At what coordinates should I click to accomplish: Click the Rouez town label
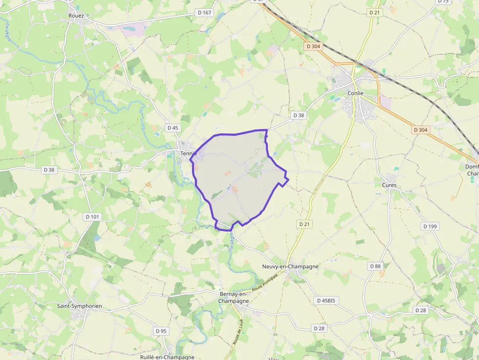tap(77, 16)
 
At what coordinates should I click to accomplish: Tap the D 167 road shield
tap(204, 12)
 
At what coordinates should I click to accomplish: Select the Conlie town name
tap(355, 93)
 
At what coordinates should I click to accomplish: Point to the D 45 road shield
tap(173, 128)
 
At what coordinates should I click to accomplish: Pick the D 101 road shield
tap(92, 217)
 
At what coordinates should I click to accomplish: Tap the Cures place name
tap(390, 185)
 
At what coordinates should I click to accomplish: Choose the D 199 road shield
tap(430, 226)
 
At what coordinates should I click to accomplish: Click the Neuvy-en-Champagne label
tap(290, 266)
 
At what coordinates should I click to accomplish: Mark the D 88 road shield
tap(375, 266)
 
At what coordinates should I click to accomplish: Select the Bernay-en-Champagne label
tap(233, 297)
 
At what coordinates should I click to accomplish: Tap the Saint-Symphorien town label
tap(80, 306)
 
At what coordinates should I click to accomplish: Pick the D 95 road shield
tap(161, 331)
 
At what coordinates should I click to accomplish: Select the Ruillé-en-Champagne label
tap(167, 357)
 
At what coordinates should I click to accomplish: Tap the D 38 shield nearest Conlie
tap(298, 115)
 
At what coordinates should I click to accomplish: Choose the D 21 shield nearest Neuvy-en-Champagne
tap(305, 224)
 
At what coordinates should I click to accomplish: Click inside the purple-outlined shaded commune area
tap(235, 176)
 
